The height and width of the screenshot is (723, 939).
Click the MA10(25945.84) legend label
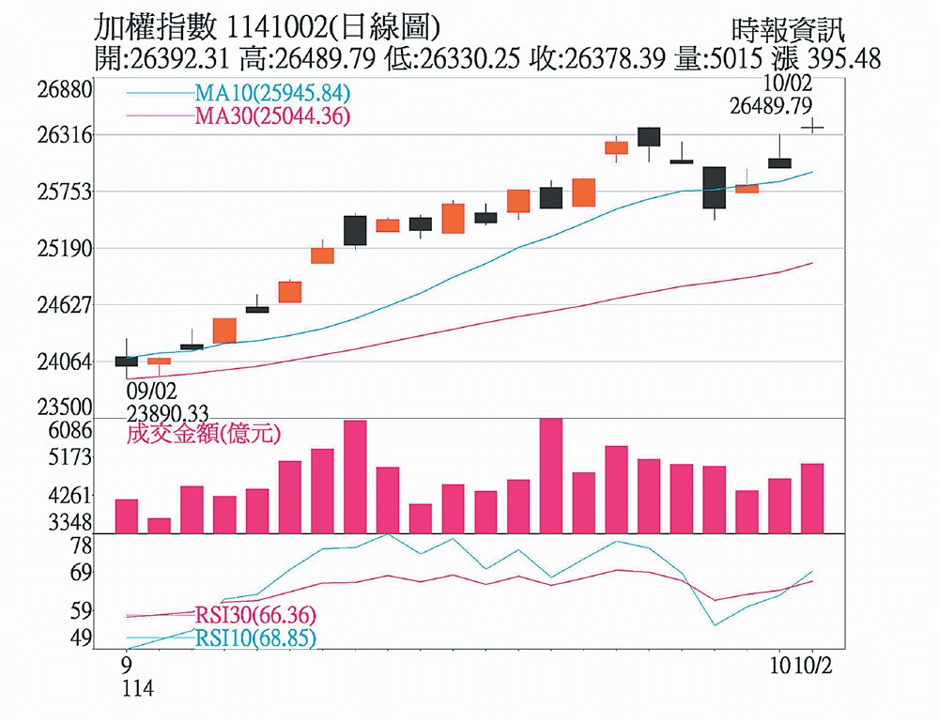272,93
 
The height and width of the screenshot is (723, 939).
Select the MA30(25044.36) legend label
272,116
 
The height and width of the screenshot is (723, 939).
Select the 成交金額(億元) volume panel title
204,434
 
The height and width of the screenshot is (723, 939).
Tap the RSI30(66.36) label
255,615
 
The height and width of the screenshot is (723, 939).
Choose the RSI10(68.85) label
255,638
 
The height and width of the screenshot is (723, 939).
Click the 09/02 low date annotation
150,390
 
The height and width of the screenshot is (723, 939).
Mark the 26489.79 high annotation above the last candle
770,106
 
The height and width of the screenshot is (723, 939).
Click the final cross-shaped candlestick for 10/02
812,126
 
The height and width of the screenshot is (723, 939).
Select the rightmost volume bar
812,499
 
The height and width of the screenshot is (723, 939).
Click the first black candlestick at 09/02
127,361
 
